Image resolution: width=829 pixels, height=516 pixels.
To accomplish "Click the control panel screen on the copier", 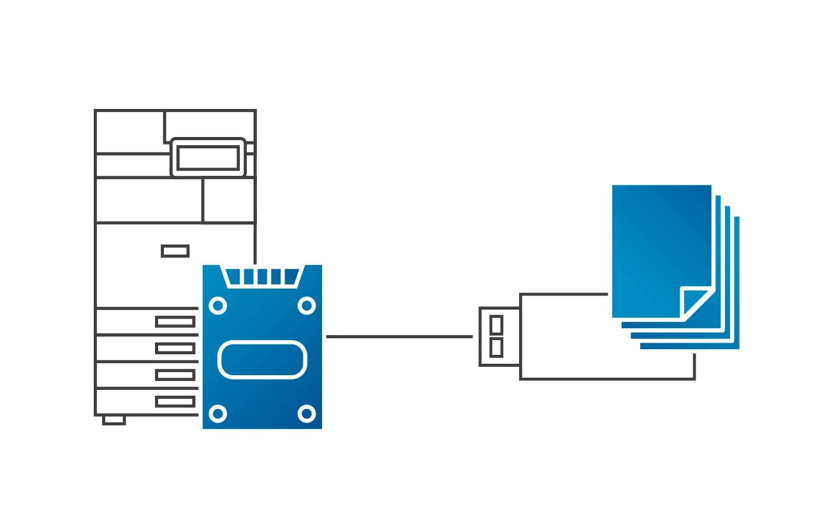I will (x=208, y=157).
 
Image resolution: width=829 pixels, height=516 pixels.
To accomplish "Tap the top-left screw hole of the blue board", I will (x=218, y=306).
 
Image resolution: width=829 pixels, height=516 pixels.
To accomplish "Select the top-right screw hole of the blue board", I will (x=307, y=306).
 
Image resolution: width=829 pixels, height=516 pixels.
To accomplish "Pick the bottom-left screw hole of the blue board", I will (x=218, y=414).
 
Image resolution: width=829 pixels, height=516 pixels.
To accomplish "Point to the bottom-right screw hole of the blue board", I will (x=307, y=414).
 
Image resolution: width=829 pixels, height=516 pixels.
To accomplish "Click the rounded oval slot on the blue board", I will (x=262, y=360).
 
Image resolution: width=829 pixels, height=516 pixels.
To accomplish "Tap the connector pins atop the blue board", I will (x=262, y=276).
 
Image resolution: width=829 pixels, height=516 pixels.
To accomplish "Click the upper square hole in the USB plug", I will (x=496, y=324).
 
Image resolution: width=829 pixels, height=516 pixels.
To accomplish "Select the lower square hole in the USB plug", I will (x=496, y=347).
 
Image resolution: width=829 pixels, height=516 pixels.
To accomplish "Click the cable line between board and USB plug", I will (x=400, y=336).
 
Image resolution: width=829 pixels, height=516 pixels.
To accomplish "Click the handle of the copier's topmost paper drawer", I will (x=175, y=322).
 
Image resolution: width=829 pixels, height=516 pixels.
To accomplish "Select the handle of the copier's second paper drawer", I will (x=175, y=348).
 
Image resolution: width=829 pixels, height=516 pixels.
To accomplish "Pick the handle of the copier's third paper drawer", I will (x=175, y=375).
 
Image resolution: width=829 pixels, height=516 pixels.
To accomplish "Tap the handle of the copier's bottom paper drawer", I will (x=175, y=402).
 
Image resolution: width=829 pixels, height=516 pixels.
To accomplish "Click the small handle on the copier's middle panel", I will (x=175, y=251).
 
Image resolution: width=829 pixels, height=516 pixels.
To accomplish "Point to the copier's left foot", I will (x=114, y=420).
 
